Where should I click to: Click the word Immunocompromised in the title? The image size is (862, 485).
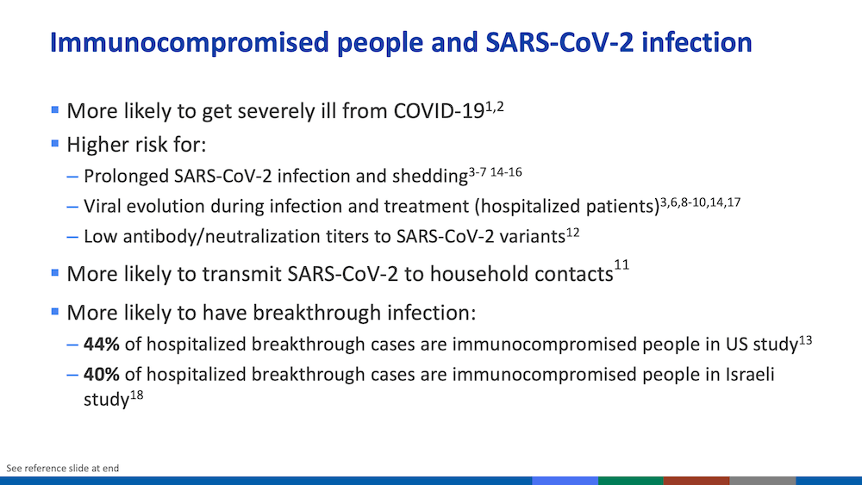point(189,43)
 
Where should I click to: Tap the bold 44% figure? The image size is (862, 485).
point(101,344)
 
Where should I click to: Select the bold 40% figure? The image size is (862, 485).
point(101,374)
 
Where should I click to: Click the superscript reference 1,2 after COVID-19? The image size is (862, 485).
point(494,106)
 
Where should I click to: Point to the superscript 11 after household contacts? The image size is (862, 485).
point(622,264)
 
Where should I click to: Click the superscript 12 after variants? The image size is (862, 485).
point(573,233)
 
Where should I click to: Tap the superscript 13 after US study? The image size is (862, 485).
point(805,340)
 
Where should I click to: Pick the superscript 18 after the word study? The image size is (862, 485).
point(136,395)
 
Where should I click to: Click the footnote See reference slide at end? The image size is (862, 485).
point(63,468)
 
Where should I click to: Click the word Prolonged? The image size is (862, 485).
point(127,177)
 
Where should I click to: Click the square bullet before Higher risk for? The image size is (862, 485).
point(55,143)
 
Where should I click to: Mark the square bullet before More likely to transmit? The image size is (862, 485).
point(55,272)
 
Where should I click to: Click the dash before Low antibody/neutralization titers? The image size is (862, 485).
point(72,237)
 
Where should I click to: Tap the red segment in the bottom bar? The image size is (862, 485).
point(696,481)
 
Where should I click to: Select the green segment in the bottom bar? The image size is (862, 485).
point(631,481)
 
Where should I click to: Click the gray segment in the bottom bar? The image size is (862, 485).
point(763,481)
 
